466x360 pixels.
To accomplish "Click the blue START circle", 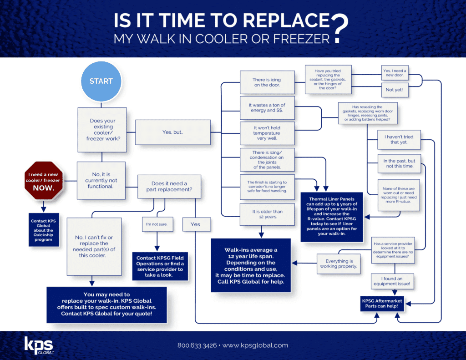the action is click(x=101, y=81).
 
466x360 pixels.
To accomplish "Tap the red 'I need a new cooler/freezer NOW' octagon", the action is click(x=43, y=181).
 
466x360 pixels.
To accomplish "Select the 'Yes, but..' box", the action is click(x=172, y=132).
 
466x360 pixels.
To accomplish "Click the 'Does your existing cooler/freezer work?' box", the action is click(x=102, y=130).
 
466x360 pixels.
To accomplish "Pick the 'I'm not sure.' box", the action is click(x=157, y=224).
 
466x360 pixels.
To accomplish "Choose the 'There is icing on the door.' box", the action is click(x=267, y=82).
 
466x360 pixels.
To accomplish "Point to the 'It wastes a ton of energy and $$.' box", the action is click(x=267, y=107).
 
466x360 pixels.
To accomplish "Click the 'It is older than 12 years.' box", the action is click(x=267, y=214).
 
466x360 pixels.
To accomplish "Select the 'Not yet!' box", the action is click(x=395, y=90).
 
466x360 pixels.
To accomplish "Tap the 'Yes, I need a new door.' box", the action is click(x=395, y=73).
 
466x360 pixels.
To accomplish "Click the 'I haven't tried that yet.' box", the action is click(x=399, y=139).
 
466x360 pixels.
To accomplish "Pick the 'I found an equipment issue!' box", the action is click(x=392, y=281).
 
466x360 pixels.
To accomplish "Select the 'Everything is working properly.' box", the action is click(x=339, y=264).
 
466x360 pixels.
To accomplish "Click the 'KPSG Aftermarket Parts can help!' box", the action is click(x=382, y=304).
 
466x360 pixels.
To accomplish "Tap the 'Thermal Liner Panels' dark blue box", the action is click(x=332, y=217).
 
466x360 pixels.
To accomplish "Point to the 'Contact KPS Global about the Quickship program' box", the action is click(x=44, y=230).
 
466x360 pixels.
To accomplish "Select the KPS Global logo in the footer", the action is click(x=39, y=345).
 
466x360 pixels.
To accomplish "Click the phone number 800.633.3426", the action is click(x=197, y=345).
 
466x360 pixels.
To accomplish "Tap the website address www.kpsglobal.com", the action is click(x=255, y=345).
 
